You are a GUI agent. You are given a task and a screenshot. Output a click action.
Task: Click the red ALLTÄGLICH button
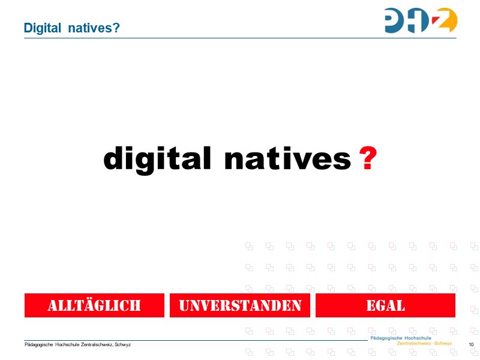(94, 305)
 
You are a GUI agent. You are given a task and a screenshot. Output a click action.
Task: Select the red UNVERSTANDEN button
(240, 305)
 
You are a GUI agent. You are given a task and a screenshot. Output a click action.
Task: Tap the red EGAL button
(385, 305)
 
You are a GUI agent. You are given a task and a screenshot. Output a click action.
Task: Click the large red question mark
(367, 160)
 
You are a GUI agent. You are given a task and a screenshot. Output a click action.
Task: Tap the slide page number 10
(471, 344)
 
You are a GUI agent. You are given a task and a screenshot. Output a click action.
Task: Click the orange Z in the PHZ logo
(444, 20)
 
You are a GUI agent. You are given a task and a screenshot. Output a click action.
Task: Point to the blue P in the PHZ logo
(397, 20)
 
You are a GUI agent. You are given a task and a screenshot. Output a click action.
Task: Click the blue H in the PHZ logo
(421, 20)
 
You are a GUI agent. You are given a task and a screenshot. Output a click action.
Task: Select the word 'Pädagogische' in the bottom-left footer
(38, 344)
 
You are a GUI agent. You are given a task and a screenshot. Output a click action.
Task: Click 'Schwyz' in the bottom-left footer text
(123, 344)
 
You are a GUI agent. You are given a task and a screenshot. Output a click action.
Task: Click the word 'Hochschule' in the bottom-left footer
(67, 344)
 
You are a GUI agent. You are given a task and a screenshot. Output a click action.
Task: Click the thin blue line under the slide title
(240, 38)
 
